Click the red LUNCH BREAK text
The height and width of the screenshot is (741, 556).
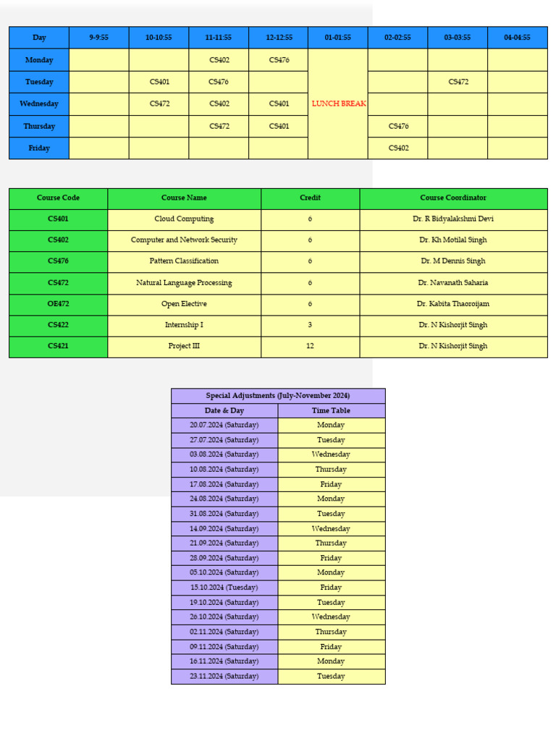pos(338,103)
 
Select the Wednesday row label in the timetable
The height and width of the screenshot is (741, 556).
pos(39,103)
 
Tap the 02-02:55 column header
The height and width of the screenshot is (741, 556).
pos(397,38)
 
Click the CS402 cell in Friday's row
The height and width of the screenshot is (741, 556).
pos(398,148)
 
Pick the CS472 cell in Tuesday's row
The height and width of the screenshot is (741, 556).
pos(458,82)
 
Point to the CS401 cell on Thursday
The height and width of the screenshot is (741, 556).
pos(279,126)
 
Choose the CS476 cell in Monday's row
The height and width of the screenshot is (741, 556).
pos(279,60)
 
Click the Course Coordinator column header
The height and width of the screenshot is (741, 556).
pos(453,198)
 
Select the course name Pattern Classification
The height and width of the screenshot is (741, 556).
pos(184,261)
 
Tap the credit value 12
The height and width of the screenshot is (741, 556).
pos(310,346)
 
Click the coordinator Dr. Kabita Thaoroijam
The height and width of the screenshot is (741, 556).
pos(453,304)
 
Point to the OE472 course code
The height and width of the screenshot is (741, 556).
pos(58,304)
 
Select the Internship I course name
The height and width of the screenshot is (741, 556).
pos(184,325)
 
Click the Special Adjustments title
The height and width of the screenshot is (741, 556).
pos(278,396)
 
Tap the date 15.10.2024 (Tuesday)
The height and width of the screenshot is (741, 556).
pos(224,588)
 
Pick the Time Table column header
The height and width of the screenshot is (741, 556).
pos(331,410)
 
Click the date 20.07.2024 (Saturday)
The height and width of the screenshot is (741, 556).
pos(224,425)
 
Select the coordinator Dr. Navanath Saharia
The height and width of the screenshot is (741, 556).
pos(453,282)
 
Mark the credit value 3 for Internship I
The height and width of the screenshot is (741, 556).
pos(310,325)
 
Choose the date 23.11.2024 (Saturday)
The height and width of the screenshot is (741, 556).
pos(224,676)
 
